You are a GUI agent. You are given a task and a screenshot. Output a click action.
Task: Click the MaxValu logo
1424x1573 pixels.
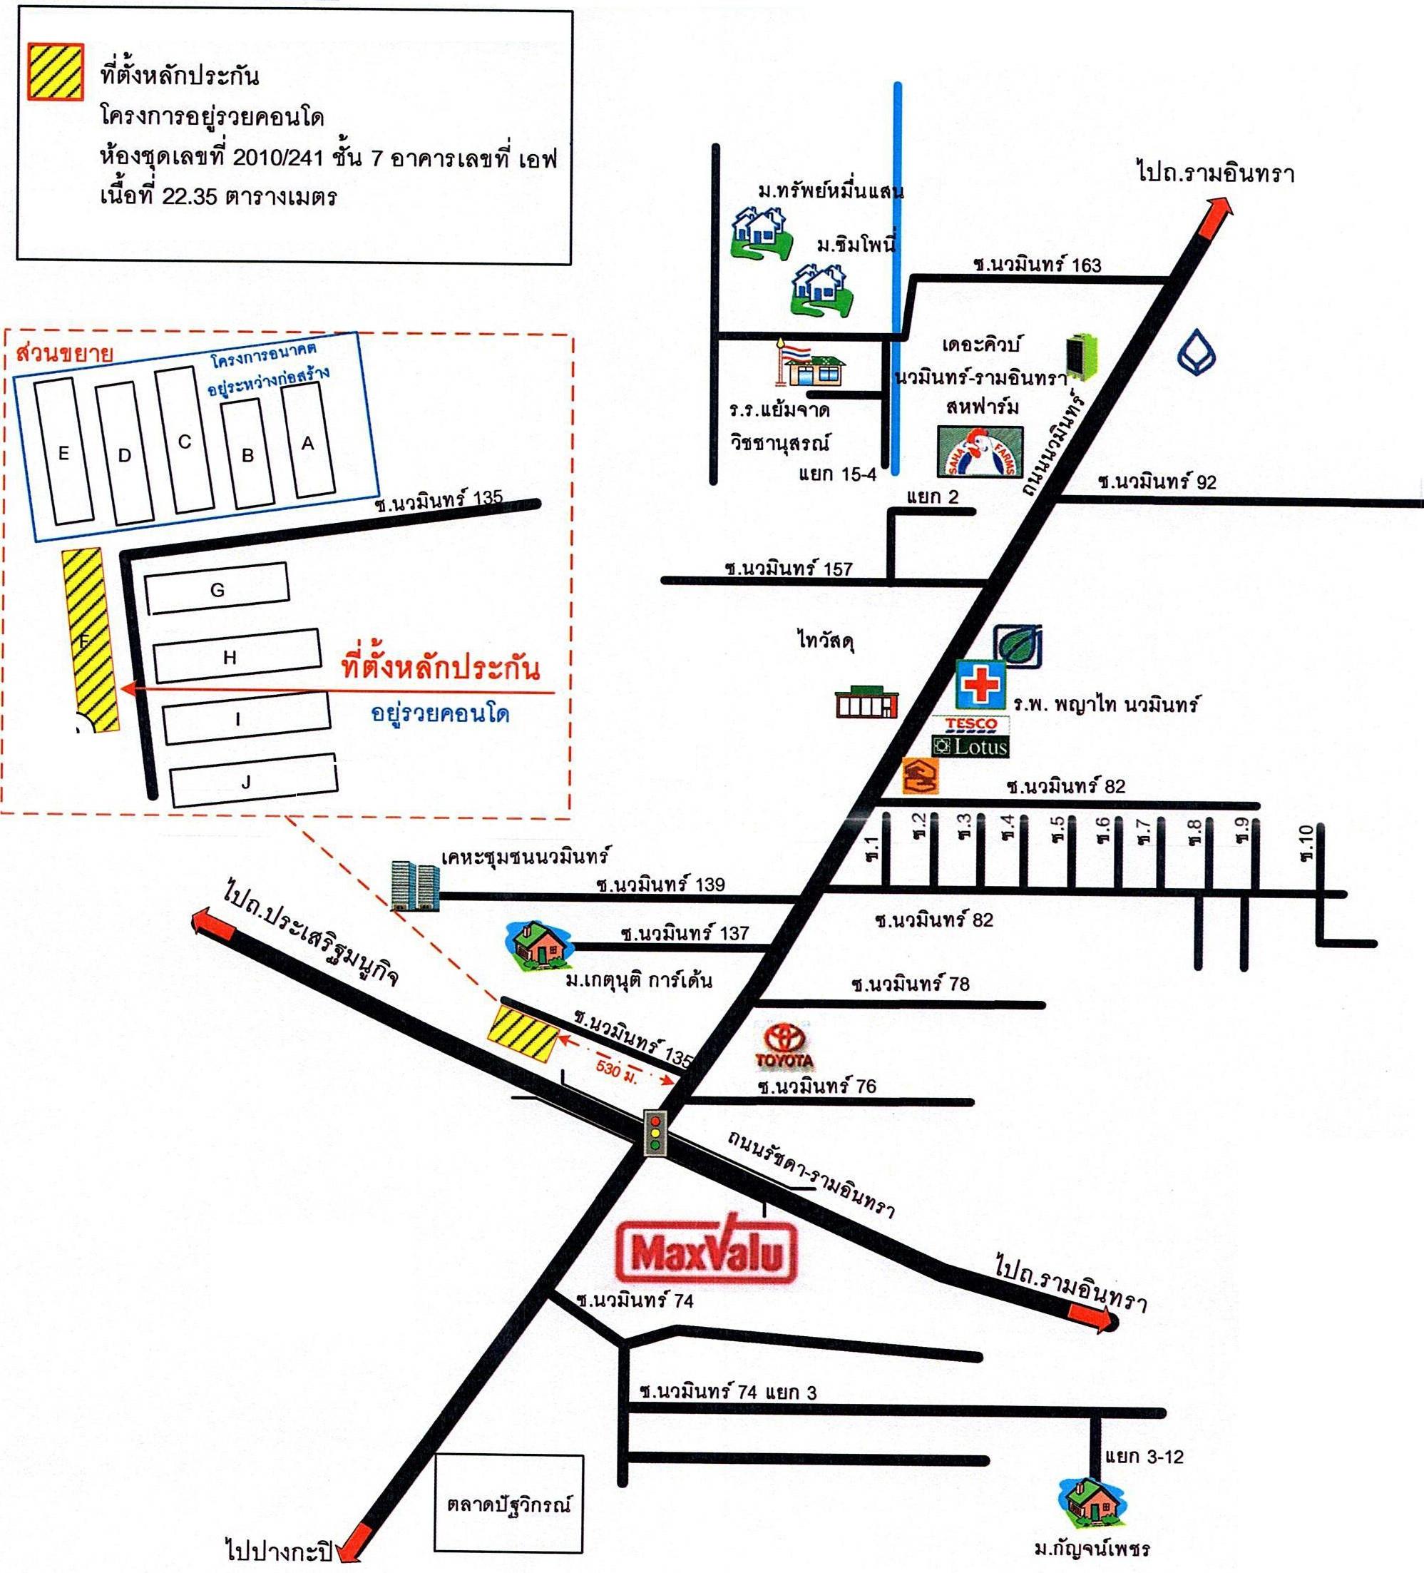(707, 1249)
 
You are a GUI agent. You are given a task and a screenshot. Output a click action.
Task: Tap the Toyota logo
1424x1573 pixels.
(784, 1047)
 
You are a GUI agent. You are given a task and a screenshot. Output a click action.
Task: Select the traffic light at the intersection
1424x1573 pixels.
(655, 1132)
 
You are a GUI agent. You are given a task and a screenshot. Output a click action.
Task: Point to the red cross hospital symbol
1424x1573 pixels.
(980, 684)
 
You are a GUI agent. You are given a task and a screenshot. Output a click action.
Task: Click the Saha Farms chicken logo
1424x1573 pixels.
(980, 452)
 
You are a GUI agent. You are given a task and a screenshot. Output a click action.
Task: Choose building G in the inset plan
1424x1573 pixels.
(217, 589)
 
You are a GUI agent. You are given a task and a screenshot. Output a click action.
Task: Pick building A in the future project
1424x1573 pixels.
(309, 442)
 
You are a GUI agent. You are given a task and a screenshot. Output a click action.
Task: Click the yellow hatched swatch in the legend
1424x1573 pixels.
(56, 72)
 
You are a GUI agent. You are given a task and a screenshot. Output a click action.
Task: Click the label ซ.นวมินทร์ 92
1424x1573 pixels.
(1157, 481)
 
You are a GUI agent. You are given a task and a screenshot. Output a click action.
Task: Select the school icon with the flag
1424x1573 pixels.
(810, 364)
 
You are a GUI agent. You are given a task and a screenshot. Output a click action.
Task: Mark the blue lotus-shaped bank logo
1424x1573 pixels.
(1196, 353)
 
